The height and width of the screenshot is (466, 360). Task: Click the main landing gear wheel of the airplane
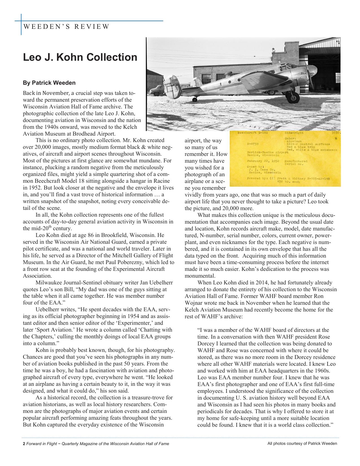pos(291,98)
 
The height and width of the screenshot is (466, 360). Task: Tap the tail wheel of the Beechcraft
pos(195,99)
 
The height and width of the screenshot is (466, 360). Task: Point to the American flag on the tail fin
pos(175,82)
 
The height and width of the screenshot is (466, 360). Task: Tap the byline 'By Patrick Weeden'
pos(49,83)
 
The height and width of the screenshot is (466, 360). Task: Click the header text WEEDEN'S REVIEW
pos(66,27)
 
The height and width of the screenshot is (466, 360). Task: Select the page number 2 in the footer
pos(24,444)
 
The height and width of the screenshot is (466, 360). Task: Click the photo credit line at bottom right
pos(302,443)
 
